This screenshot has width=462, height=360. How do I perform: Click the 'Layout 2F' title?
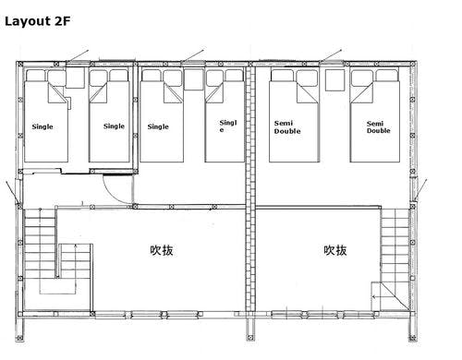click(x=37, y=21)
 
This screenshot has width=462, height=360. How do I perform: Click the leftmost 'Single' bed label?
click(x=43, y=126)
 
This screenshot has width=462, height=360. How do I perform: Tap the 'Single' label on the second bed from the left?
click(x=114, y=126)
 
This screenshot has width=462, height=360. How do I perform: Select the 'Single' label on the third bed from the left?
click(x=158, y=126)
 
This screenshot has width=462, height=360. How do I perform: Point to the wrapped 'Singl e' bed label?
click(x=228, y=126)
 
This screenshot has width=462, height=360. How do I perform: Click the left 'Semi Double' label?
click(x=287, y=127)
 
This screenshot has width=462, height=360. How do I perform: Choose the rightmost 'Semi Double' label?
click(x=379, y=127)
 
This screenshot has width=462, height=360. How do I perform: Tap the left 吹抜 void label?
click(x=162, y=250)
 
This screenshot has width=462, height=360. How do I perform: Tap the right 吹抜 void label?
click(x=335, y=250)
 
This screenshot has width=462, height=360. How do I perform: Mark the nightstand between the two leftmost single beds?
click(x=76, y=78)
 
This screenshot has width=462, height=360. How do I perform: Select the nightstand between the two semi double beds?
click(x=335, y=80)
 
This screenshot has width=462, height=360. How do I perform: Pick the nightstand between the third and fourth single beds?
click(x=194, y=79)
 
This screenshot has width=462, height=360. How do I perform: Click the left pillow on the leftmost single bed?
click(x=36, y=76)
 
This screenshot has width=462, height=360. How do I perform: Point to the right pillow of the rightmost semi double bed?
click(x=387, y=76)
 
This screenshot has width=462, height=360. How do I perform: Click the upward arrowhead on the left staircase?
click(x=76, y=246)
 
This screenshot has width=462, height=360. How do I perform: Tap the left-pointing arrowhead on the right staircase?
click(x=373, y=297)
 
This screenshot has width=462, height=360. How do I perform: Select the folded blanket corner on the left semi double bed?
click(x=307, y=93)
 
